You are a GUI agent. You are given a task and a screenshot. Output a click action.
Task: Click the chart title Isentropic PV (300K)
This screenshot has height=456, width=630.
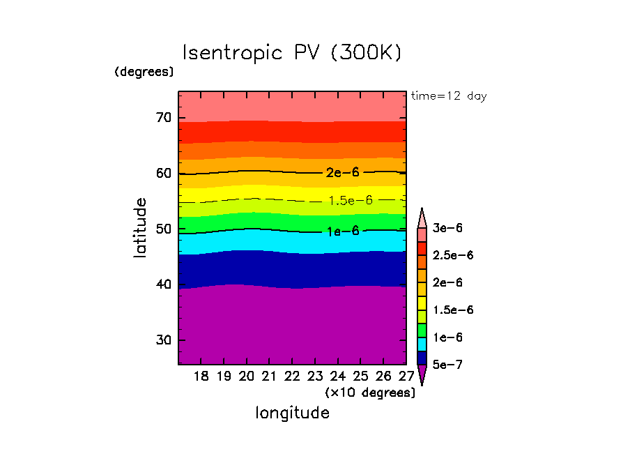pos(292,53)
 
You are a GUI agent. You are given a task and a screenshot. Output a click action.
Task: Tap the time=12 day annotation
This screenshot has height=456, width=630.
pos(449,96)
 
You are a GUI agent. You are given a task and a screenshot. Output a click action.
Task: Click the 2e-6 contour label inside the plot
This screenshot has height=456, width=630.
pos(342,172)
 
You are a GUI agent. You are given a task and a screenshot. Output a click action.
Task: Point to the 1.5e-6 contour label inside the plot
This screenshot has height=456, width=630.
pos(351,200)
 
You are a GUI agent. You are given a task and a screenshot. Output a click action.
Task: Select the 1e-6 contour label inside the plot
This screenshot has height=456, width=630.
pos(342,231)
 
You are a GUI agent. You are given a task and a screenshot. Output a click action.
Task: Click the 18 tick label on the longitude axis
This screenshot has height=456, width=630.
pos(201,377)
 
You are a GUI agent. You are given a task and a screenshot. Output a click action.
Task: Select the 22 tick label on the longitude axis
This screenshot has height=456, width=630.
pos(292,377)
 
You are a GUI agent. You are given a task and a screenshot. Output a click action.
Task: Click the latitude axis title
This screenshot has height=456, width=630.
pos(141,228)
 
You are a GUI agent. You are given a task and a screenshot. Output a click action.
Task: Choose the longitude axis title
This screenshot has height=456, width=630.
pos(292,413)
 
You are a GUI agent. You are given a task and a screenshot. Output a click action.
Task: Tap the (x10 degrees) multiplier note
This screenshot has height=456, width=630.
pos(370,393)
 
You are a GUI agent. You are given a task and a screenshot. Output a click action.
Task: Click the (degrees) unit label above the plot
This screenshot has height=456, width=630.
pos(144,71)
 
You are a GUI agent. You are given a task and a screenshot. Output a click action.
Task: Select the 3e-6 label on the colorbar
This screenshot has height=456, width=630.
pos(447,228)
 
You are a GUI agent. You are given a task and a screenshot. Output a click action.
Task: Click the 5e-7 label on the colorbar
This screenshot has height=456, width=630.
pos(447,365)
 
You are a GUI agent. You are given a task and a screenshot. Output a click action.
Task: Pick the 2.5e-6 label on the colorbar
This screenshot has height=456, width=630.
pos(452,255)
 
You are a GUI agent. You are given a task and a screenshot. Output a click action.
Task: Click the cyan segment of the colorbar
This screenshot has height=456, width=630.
pos(422,344)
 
